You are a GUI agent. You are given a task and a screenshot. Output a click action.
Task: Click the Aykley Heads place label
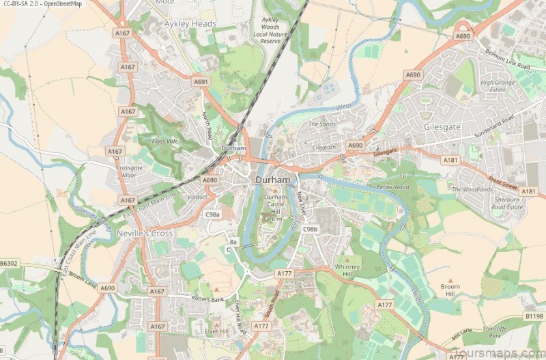coord(190,23)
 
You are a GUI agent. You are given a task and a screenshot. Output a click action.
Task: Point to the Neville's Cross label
coord(146,234)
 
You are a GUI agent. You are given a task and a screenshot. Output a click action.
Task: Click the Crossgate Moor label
coord(129,171)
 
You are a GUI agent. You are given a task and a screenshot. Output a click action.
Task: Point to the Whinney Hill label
coord(347,270)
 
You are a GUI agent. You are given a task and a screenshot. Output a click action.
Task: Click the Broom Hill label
coord(450,290)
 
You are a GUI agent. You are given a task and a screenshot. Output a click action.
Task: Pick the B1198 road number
coord(534,316)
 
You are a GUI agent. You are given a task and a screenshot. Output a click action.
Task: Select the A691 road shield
coord(200,82)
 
